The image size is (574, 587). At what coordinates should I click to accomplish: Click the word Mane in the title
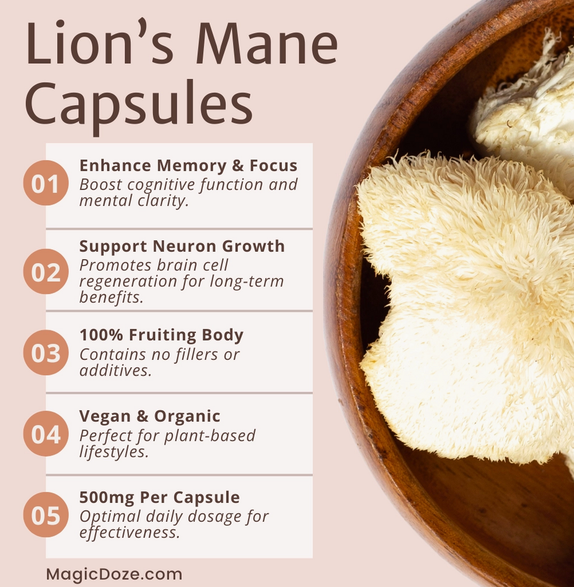click(267, 44)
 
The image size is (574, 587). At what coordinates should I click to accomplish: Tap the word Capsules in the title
click(139, 104)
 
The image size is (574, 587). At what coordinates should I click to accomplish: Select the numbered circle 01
click(46, 183)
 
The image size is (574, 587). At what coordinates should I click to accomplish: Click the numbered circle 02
click(46, 271)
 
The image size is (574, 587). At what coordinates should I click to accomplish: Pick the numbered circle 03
click(46, 353)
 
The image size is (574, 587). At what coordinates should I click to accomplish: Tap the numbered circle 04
click(46, 434)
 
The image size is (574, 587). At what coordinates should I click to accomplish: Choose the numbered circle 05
click(46, 515)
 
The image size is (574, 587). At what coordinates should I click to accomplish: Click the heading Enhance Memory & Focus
click(188, 166)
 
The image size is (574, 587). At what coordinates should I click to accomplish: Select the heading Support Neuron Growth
click(182, 246)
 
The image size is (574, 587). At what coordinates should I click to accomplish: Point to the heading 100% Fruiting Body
click(161, 335)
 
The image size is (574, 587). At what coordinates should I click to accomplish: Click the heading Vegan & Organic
click(150, 416)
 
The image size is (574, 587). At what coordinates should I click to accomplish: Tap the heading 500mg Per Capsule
click(160, 497)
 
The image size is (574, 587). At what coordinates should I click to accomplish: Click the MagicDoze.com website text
click(114, 574)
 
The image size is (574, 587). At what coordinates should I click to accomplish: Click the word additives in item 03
click(115, 370)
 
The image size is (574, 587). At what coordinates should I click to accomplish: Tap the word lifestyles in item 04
click(114, 452)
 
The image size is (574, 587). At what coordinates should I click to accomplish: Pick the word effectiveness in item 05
click(130, 533)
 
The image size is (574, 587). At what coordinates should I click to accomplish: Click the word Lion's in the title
click(100, 44)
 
